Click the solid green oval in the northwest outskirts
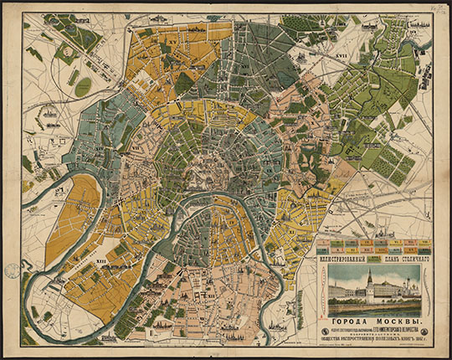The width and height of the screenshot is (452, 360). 83,86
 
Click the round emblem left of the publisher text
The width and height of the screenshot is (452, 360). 322,339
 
